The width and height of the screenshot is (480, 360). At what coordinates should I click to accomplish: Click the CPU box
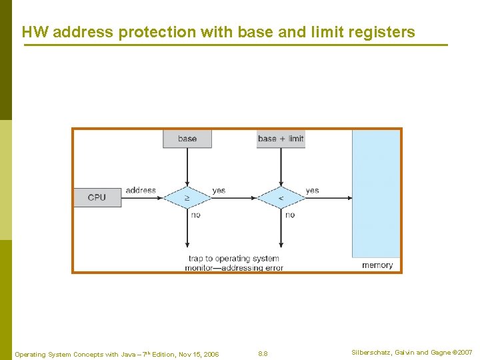[x=97, y=197]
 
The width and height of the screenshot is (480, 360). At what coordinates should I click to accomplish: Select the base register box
[x=187, y=139]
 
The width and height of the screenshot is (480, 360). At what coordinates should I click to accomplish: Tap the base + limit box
[x=281, y=139]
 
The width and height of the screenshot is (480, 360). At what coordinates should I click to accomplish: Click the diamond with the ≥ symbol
[x=187, y=197]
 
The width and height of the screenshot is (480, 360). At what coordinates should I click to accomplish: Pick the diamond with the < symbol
[x=281, y=197]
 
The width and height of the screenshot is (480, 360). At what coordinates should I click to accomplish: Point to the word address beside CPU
[x=141, y=190]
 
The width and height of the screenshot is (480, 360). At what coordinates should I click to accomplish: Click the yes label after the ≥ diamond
[x=219, y=190]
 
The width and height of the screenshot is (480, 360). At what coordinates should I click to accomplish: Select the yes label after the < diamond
[x=312, y=190]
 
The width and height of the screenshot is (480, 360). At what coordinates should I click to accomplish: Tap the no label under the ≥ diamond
[x=195, y=215]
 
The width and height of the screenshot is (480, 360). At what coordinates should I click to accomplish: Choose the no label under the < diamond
[x=289, y=215]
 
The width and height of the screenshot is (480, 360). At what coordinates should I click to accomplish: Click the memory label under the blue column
[x=377, y=265]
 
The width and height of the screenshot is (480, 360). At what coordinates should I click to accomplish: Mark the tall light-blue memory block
[x=376, y=193]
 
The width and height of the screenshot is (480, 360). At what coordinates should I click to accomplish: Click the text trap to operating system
[x=234, y=258]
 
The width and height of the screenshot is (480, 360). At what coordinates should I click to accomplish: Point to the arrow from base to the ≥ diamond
[x=187, y=167]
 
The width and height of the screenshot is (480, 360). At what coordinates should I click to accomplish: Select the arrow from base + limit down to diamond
[x=281, y=167]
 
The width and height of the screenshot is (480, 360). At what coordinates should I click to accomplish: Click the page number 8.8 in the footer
[x=263, y=353]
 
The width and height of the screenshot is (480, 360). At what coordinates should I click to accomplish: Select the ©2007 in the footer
[x=461, y=353]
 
